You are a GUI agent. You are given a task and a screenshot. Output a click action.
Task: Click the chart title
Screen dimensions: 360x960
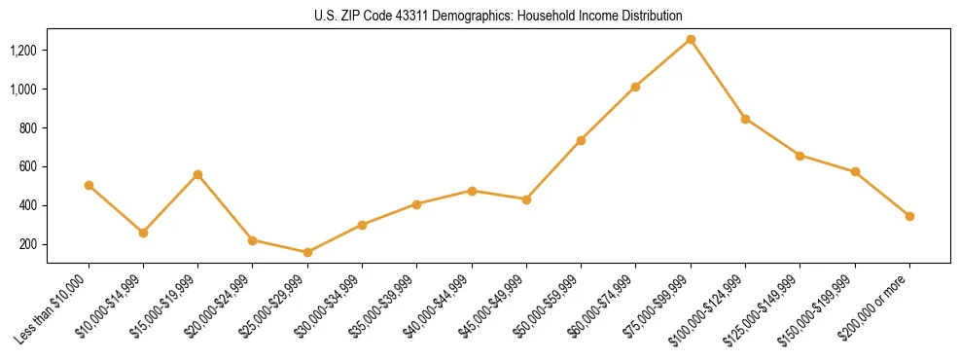(x=498, y=16)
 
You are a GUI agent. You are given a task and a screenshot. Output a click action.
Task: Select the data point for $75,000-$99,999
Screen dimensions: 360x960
(x=691, y=39)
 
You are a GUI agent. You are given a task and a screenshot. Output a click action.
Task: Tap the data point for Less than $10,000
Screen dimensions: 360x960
(x=89, y=185)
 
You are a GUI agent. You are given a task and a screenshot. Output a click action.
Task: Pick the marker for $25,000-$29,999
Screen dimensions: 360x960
(x=307, y=252)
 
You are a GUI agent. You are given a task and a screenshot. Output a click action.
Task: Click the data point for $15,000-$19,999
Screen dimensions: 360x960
(x=198, y=174)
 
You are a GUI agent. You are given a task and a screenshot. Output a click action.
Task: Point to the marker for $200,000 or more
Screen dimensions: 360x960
(x=909, y=216)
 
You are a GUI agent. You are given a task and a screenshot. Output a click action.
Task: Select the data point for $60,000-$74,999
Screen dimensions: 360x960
(x=635, y=87)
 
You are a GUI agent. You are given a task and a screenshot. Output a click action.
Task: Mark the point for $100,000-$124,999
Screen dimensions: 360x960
(x=745, y=119)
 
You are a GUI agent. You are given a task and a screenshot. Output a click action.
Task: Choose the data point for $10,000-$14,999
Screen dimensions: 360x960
(x=143, y=233)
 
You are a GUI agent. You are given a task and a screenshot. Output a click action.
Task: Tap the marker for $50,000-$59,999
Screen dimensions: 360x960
(x=581, y=140)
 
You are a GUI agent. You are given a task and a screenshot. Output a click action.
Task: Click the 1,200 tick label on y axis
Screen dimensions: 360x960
(x=24, y=50)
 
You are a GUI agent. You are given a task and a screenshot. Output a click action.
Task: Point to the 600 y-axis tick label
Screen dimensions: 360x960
(x=29, y=166)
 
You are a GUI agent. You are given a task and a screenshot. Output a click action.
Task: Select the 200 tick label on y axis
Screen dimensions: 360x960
(x=29, y=244)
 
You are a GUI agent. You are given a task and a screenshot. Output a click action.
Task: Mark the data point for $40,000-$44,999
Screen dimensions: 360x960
(x=472, y=191)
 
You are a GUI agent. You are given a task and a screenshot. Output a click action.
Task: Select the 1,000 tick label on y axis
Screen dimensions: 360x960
(x=24, y=89)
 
